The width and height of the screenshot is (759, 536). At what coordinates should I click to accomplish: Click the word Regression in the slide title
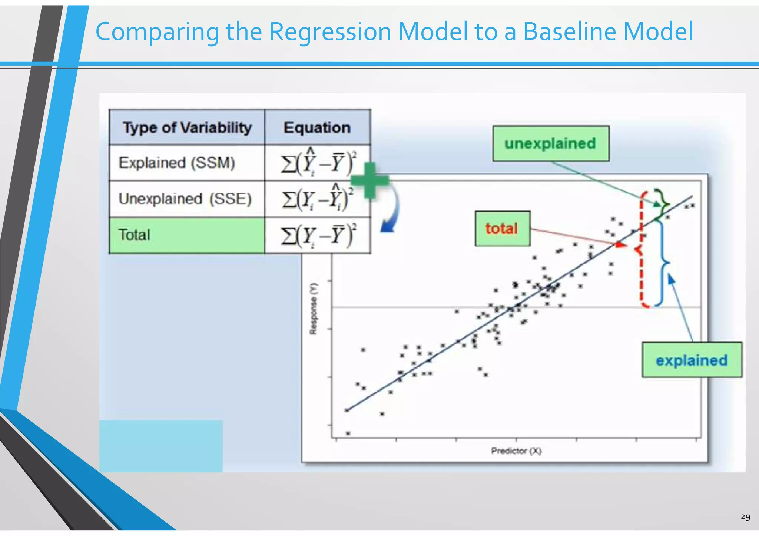tap(329, 32)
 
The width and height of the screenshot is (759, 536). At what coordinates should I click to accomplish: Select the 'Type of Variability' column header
tap(187, 127)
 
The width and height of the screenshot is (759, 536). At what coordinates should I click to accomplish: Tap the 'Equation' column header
tap(317, 127)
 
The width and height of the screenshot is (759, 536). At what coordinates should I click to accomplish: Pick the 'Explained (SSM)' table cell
tap(177, 163)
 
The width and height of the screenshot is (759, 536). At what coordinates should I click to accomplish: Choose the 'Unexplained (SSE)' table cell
tap(185, 199)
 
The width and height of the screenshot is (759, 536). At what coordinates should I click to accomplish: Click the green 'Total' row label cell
tap(187, 235)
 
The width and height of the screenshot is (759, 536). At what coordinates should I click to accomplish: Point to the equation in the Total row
tap(318, 235)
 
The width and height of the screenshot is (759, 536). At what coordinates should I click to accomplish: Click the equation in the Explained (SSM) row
tap(318, 163)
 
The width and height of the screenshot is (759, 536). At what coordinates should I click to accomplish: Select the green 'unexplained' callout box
tap(550, 144)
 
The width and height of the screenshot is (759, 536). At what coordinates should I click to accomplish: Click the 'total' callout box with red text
tap(502, 229)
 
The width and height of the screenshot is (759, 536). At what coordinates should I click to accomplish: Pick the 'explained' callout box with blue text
tap(692, 360)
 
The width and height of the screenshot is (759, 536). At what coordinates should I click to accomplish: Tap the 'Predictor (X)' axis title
tap(516, 451)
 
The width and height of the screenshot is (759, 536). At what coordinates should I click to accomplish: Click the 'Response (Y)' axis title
tap(314, 309)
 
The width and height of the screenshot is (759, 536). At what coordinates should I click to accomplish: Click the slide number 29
tap(745, 517)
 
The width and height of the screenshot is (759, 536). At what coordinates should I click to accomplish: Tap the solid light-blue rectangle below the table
tap(161, 446)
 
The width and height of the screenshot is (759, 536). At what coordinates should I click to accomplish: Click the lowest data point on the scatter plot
tap(348, 433)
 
